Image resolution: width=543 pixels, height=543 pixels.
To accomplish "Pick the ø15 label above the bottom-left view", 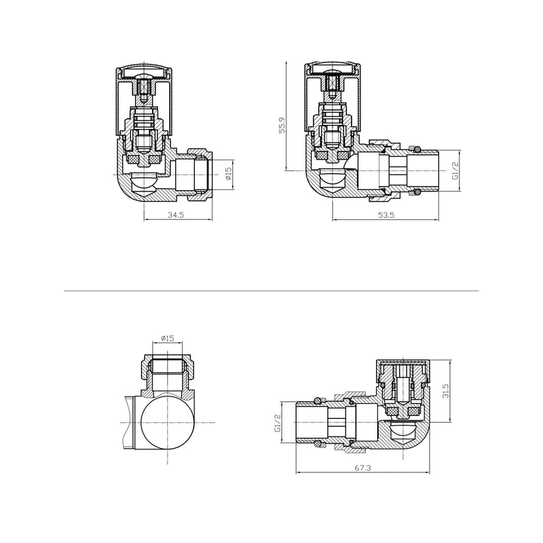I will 168,339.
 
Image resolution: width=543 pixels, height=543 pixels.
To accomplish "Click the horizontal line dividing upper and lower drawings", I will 271,291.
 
